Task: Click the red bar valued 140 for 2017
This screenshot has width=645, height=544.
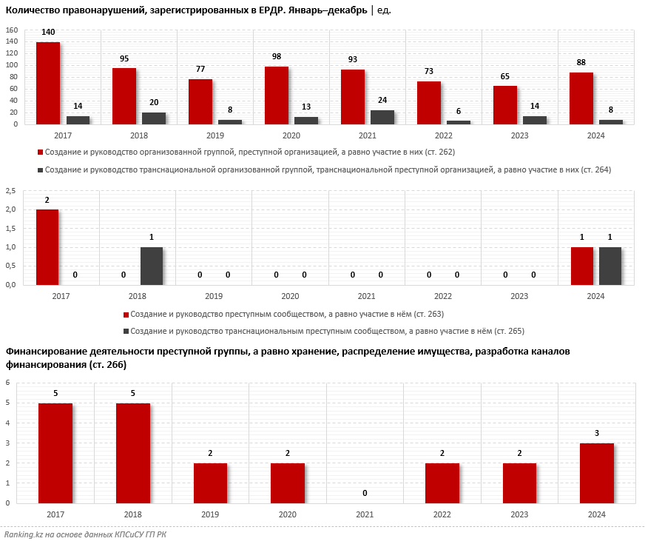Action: point(48,83)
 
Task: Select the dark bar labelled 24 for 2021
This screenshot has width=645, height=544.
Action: point(382,117)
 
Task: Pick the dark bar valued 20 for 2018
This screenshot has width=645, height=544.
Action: point(154,118)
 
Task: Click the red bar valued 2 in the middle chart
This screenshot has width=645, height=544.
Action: point(47,246)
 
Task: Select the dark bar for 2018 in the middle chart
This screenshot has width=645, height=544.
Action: point(152,266)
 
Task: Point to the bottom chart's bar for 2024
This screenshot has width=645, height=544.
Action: point(597,473)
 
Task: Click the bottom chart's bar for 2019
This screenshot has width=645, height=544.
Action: point(210,483)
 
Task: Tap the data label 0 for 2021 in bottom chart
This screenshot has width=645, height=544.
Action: point(365,493)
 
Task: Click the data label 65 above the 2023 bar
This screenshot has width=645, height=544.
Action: point(505,76)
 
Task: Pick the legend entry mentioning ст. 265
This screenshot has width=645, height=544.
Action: point(326,331)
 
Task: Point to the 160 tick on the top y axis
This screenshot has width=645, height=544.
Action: point(11,30)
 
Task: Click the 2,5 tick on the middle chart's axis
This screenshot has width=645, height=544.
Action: point(11,191)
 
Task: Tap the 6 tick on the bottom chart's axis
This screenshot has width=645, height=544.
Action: point(7,383)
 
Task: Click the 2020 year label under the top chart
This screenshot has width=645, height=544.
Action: point(291,135)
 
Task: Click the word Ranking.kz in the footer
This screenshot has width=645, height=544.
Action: point(23,534)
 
